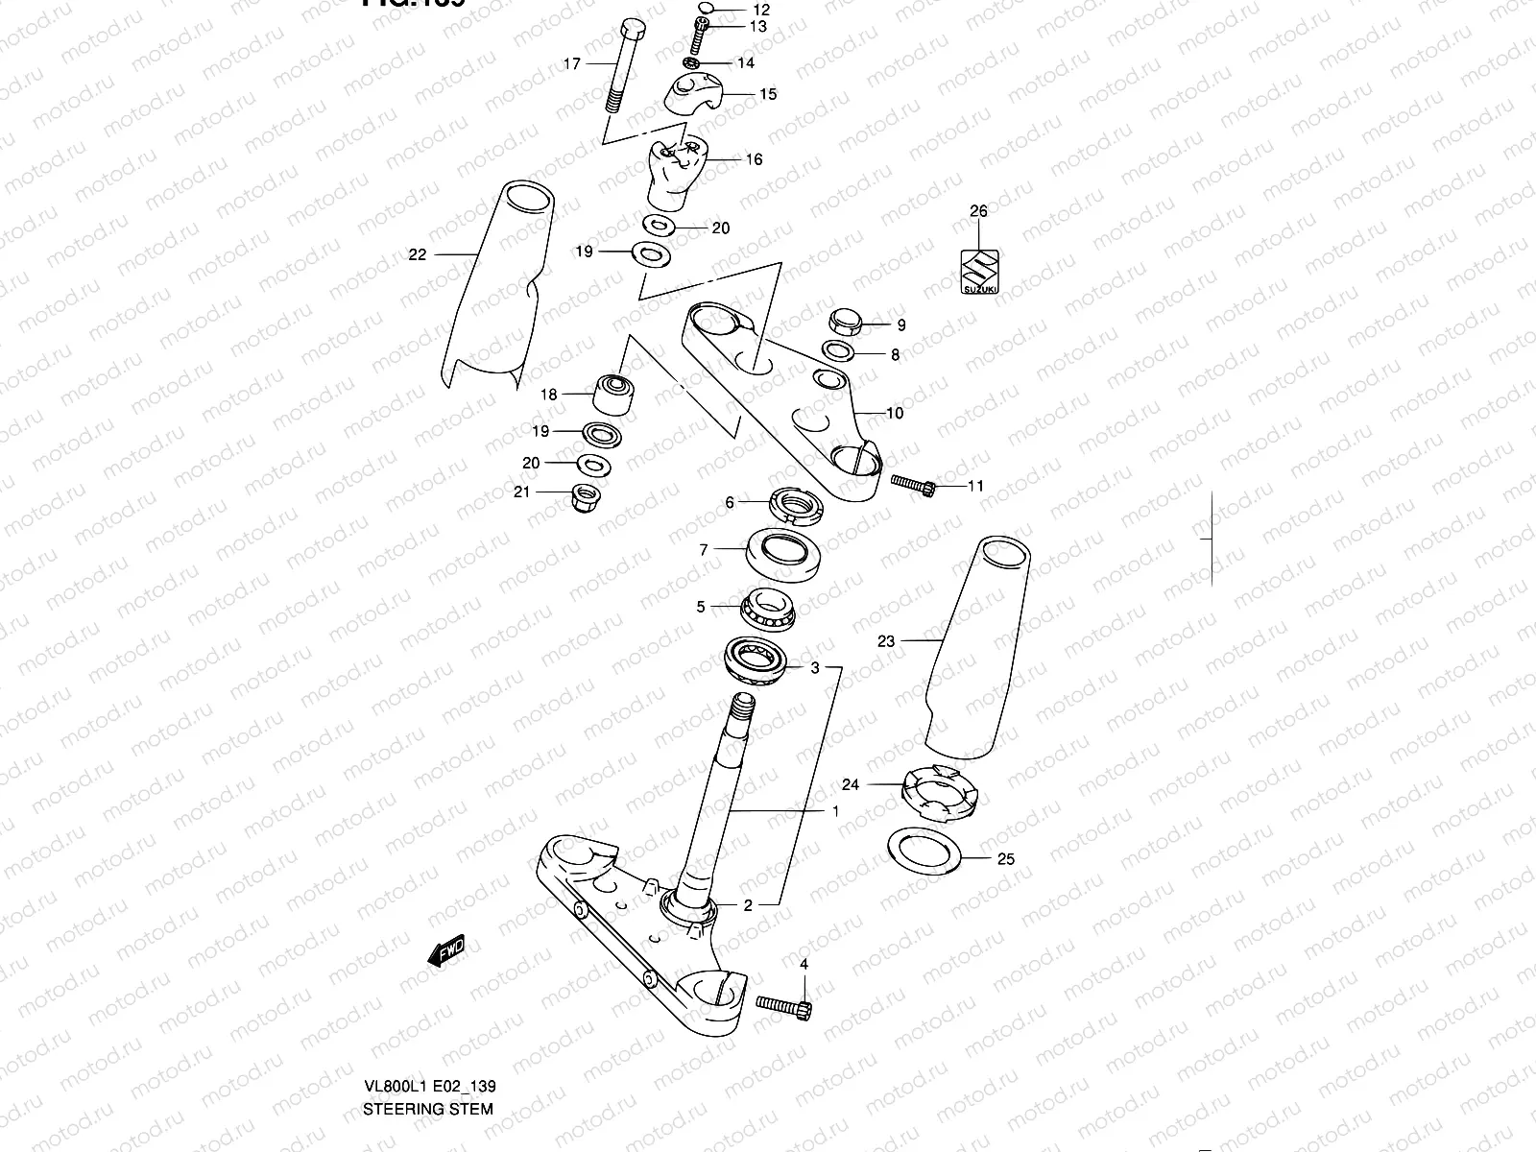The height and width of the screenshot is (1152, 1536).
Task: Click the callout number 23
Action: point(885,640)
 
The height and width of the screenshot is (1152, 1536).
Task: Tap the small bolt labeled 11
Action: point(913,484)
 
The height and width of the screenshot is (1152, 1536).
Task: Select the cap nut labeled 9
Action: point(846,320)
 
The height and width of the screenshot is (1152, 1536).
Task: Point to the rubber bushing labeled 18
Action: point(615,395)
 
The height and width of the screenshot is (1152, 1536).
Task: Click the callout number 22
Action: point(417,254)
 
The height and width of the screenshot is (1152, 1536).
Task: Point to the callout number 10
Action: point(895,414)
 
